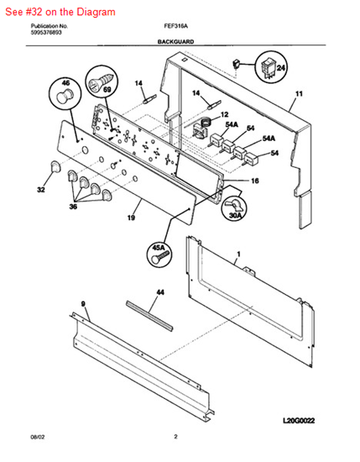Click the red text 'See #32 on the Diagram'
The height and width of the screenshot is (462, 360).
pos(60,12)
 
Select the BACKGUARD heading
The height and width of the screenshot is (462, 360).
pos(175,41)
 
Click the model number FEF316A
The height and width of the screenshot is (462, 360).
pos(175,26)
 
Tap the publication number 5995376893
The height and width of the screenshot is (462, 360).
pos(46,33)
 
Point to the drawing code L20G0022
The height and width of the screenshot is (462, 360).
pos(299,421)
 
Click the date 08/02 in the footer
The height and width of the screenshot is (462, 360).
pos(38,437)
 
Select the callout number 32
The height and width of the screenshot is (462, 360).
pos(41,190)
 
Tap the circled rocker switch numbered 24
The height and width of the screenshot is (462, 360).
pos(270,67)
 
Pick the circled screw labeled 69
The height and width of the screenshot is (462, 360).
pos(102,81)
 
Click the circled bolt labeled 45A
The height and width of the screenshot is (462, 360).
pos(159,254)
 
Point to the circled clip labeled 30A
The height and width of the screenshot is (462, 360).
pos(234,207)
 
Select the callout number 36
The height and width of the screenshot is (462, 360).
pos(73,207)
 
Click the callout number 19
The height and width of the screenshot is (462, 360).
pos(131,218)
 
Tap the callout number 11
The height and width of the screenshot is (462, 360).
pos(299,94)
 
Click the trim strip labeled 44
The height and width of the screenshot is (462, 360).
pos(149,316)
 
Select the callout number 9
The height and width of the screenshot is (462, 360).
pos(83,304)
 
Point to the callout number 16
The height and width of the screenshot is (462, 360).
pos(255,181)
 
